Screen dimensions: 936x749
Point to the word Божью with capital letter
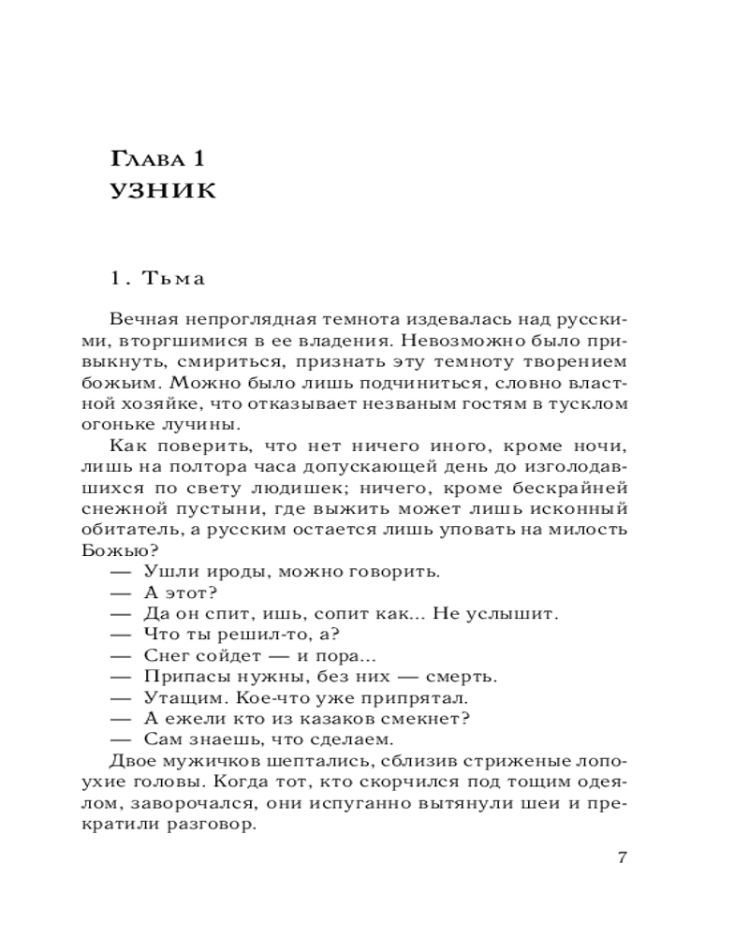134,550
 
